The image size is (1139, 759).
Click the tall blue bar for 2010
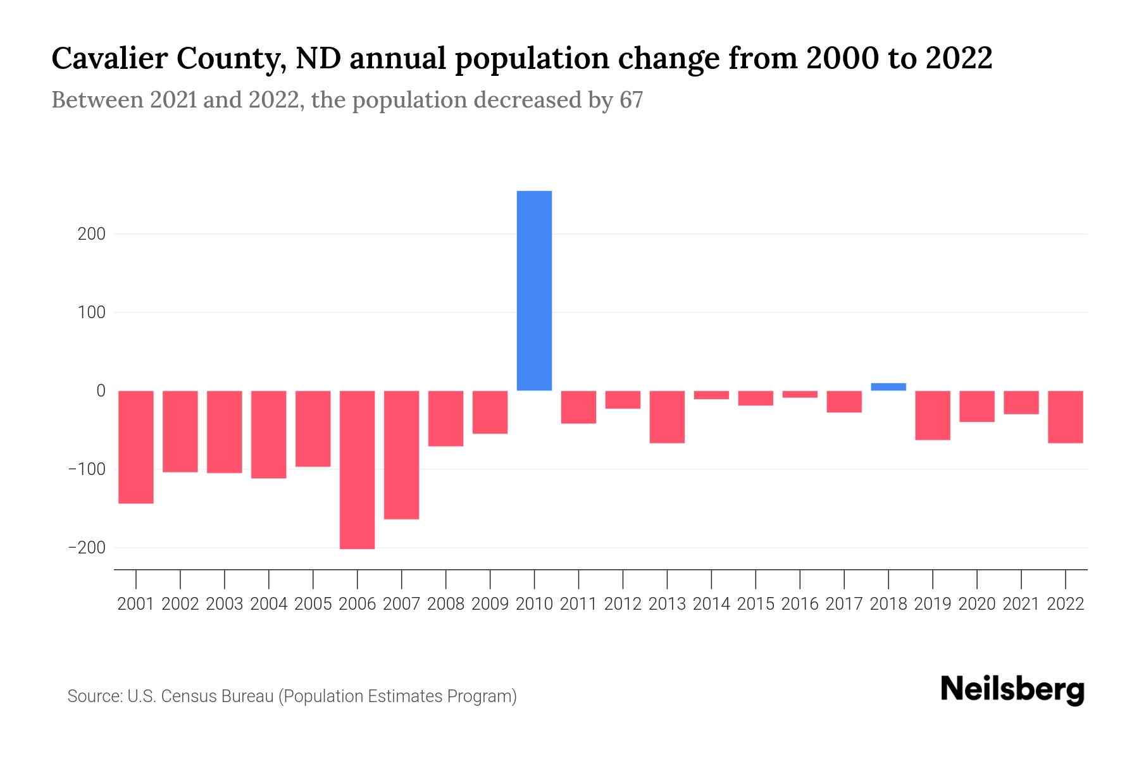click(534, 291)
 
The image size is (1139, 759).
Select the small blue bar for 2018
click(888, 386)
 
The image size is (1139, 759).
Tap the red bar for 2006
click(357, 469)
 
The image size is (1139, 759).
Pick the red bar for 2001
click(136, 447)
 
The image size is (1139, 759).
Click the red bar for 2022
click(1066, 416)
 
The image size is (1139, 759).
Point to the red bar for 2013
click(667, 416)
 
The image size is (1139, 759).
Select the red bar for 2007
click(401, 455)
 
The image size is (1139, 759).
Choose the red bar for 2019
click(933, 415)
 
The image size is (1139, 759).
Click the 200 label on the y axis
click(92, 234)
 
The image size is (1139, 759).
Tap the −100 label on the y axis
click(87, 469)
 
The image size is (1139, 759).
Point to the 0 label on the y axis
click(101, 391)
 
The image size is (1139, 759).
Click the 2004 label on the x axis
click(268, 604)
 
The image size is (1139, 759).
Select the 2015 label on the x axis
click(756, 604)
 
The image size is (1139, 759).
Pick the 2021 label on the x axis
click(1021, 604)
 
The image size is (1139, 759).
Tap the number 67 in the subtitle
click(631, 100)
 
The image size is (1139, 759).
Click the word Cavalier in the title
click(109, 58)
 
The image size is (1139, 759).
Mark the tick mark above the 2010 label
click(534, 579)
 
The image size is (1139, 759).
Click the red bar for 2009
click(490, 412)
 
